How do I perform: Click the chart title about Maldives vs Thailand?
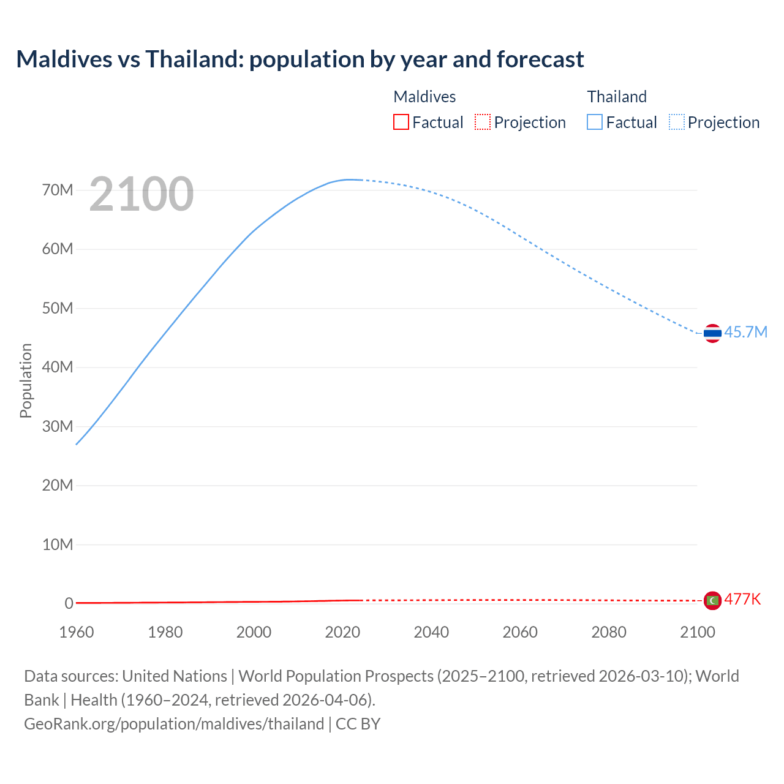click(x=300, y=59)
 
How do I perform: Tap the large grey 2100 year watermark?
click(x=141, y=194)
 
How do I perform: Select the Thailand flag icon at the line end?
click(x=712, y=333)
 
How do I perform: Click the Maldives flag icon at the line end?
click(x=712, y=601)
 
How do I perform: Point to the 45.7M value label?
click(x=745, y=332)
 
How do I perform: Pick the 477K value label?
click(x=742, y=599)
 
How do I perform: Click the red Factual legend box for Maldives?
click(x=401, y=122)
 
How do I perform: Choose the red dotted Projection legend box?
click(x=483, y=122)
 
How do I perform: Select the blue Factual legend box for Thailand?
click(x=595, y=122)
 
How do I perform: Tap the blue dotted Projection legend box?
click(x=677, y=122)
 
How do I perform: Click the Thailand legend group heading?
click(x=617, y=97)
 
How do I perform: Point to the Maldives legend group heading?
click(x=424, y=97)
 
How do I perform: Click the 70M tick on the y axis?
click(x=58, y=190)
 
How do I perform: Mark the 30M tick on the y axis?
click(x=58, y=426)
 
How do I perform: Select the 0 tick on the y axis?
click(x=69, y=603)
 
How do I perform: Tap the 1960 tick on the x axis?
click(x=77, y=632)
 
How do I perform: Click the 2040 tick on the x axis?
click(x=431, y=632)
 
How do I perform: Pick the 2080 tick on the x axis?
click(x=609, y=632)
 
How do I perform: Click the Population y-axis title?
click(x=26, y=380)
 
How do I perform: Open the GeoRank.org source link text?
click(x=174, y=723)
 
